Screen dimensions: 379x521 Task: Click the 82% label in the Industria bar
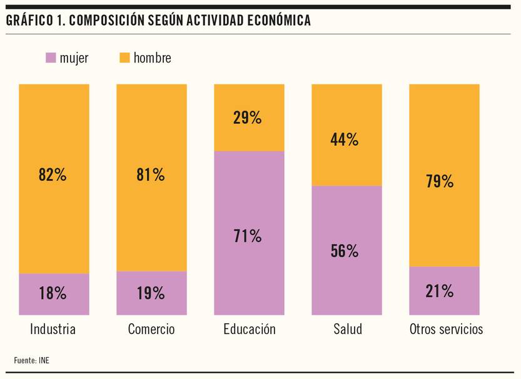click(53, 174)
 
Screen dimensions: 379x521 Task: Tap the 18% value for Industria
click(53, 293)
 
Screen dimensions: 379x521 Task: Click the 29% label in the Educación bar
click(248, 118)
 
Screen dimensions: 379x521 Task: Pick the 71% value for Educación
click(248, 236)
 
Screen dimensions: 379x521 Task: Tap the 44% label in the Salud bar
click(345, 139)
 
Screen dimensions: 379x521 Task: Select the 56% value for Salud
click(345, 251)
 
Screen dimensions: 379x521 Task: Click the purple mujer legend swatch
click(51, 58)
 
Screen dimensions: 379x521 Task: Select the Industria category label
click(53, 330)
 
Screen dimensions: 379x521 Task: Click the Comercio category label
click(151, 330)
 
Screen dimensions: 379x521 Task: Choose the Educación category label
click(249, 330)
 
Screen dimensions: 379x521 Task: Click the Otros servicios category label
click(446, 330)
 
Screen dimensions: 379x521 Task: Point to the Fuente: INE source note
click(31, 360)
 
